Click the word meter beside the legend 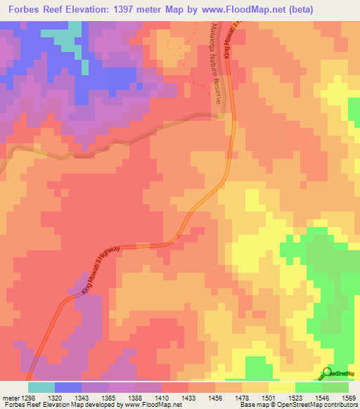coord(9,397)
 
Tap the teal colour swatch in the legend coord(41,387)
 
